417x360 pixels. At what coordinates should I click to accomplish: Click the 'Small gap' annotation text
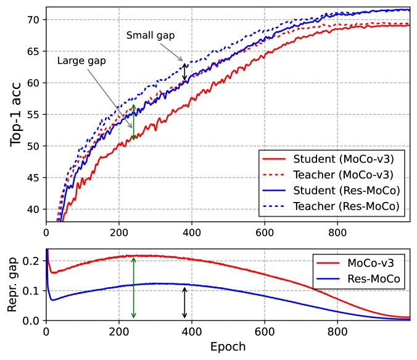click(151, 36)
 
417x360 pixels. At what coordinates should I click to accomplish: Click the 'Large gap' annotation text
click(81, 61)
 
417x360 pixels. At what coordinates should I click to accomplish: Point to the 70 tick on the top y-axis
click(35, 20)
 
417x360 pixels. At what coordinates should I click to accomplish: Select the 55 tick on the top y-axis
click(35, 115)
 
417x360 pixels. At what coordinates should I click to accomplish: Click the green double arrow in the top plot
click(134, 121)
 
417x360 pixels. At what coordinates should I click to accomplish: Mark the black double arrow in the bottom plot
click(184, 303)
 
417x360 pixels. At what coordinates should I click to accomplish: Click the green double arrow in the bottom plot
click(134, 288)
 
